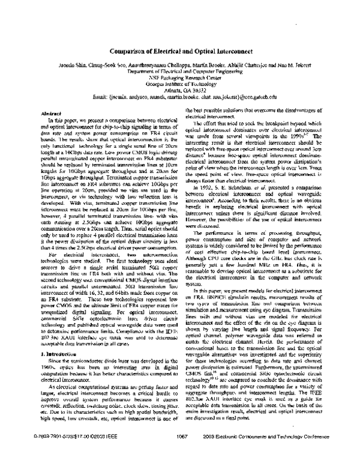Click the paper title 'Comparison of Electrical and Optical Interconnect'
click(179, 52)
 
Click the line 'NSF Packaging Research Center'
click(179, 77)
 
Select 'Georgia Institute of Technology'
click(179, 83)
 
